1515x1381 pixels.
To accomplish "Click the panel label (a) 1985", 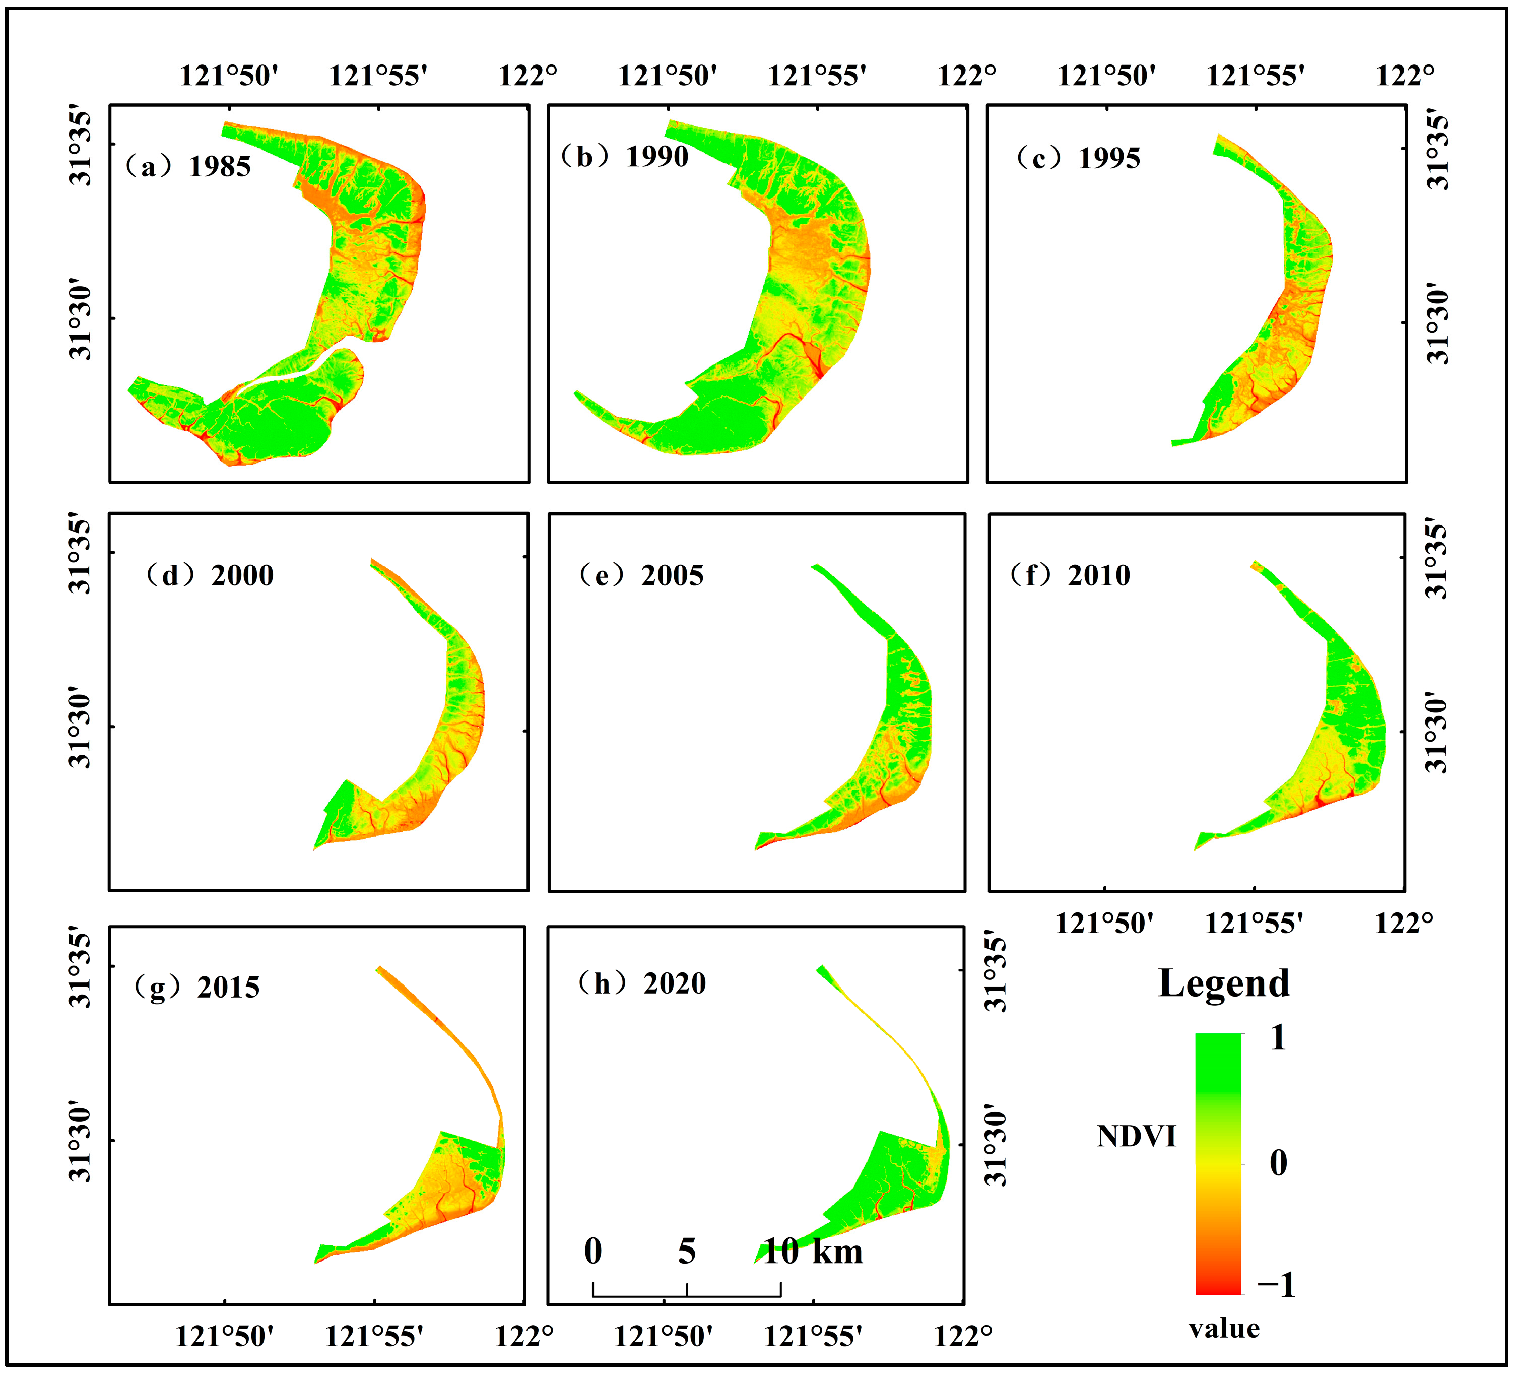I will pos(188,167).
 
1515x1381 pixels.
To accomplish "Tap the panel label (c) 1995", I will pos(1078,159).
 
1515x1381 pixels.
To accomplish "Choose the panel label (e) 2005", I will pos(641,575).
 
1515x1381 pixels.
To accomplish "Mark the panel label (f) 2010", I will pos(1070,575).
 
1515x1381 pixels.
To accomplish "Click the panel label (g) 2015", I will pos(197,988).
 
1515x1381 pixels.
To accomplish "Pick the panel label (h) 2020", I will pos(642,983).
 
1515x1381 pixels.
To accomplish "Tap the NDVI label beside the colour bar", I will pos(1136,1137).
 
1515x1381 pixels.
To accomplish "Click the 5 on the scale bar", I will pos(687,1252).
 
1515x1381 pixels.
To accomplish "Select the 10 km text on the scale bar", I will pos(813,1252).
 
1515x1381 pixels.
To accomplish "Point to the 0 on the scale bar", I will pos(593,1252).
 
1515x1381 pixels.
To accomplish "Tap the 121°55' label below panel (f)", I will pos(1254,924).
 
